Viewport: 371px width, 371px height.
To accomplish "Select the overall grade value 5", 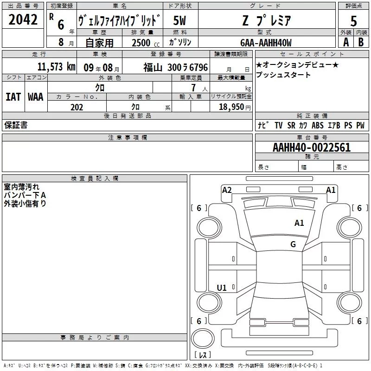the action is tap(354, 21).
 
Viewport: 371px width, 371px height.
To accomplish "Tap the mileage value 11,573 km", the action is tap(56, 66).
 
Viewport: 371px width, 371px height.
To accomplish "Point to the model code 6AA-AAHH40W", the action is tap(266, 43).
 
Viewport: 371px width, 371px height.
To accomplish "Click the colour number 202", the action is tap(77, 107).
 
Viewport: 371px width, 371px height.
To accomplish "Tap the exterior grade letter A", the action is tap(345, 42).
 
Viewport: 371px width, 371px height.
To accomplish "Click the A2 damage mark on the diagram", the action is tap(227, 190).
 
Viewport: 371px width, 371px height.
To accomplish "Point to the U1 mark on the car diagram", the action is tap(222, 288).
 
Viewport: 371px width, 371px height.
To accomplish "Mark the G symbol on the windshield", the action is tap(293, 244).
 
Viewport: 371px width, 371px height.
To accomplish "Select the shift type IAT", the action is tap(13, 97).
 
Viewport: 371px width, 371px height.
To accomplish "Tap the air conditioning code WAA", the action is tap(36, 97).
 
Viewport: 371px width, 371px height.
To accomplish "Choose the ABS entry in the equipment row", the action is tap(318, 125).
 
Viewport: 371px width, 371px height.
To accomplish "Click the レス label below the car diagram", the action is tap(202, 355).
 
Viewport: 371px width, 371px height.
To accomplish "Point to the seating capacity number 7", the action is tap(192, 88).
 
